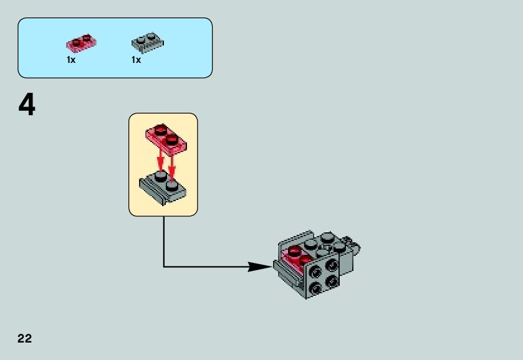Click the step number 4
27,105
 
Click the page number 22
25,339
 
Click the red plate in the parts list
82,43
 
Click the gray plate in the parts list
147,43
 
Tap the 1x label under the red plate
71,60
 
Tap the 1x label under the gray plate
136,60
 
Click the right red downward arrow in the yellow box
172,163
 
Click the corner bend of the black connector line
164,267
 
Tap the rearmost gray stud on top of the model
327,237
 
